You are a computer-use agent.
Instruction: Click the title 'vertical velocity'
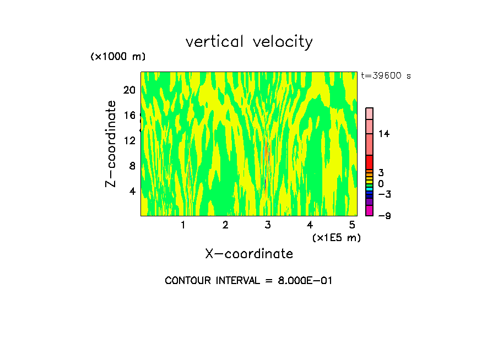249,42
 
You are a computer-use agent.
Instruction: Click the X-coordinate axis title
249,254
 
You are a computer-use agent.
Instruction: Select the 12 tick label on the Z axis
129,140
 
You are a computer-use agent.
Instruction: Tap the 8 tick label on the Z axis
132,166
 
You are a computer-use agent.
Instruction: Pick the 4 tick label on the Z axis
132,191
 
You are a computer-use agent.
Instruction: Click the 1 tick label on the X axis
183,225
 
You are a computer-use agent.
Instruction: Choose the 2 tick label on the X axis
225,225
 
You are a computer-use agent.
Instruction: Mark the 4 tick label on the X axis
310,225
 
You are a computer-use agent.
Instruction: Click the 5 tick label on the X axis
352,225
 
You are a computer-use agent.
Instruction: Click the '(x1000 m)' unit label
117,57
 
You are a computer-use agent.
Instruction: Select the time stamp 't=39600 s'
386,76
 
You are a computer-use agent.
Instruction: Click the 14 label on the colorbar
383,134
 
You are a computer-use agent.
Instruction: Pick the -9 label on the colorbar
384,216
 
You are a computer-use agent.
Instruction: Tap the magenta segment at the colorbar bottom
369,210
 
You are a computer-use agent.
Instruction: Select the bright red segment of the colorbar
369,162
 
